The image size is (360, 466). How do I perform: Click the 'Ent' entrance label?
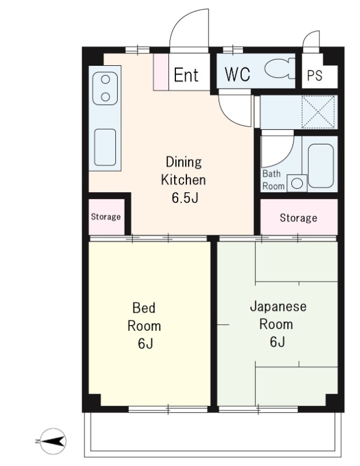[186, 75]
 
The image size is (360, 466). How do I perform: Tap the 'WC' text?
[237, 75]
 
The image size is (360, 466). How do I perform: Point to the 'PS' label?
[315, 76]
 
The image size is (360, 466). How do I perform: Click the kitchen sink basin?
[105, 147]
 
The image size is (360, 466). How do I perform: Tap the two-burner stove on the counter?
[105, 89]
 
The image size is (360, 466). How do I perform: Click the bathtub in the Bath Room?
[321, 166]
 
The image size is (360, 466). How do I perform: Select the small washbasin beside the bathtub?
[297, 183]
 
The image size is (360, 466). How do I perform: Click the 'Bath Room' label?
[273, 180]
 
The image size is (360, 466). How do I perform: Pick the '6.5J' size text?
[185, 198]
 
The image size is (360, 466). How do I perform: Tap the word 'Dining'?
[183, 163]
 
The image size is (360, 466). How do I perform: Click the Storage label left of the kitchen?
[106, 217]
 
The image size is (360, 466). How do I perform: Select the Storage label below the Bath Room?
[298, 218]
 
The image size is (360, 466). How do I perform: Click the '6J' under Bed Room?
[146, 344]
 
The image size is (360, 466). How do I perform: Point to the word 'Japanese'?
[278, 307]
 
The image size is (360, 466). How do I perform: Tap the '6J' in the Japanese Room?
[277, 342]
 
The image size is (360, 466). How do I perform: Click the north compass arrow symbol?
[53, 441]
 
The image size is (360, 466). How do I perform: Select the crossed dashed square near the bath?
[318, 112]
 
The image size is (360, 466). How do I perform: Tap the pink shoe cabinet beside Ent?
[161, 72]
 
